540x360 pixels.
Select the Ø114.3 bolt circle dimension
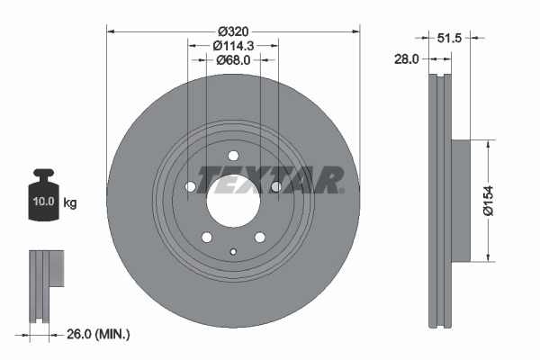233,44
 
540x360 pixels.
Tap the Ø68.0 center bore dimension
233,60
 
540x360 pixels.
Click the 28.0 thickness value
408,58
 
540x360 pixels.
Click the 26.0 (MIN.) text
99,335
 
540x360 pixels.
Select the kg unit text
70,203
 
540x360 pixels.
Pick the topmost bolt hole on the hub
233,154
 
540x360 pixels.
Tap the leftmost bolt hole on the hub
190,187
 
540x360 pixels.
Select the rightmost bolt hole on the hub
276,187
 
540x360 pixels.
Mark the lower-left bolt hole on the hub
206,237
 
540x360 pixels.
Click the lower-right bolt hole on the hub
260,237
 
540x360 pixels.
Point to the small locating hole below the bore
233,252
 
